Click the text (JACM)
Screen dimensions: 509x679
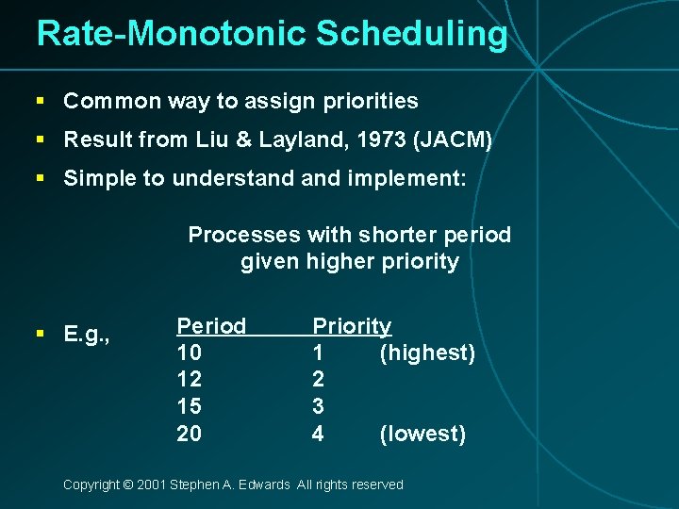pos(453,140)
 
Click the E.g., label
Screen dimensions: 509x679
pos(87,334)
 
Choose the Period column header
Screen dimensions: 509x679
pos(211,326)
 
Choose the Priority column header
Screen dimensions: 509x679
pos(352,326)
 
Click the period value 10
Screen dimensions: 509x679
pos(189,353)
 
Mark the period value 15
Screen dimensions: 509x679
pos(189,406)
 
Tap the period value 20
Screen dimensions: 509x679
pos(190,434)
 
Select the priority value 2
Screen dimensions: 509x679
pos(318,380)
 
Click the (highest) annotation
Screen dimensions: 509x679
pos(427,353)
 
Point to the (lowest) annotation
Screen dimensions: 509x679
pos(422,434)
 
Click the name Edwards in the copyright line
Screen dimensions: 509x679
pos(266,484)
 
